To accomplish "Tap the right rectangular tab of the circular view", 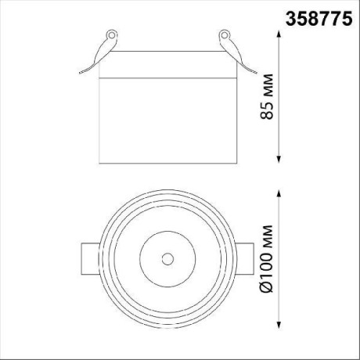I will (x=245, y=257).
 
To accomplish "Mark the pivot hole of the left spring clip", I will (x=111, y=36).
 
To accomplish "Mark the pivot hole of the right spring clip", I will (x=223, y=36).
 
